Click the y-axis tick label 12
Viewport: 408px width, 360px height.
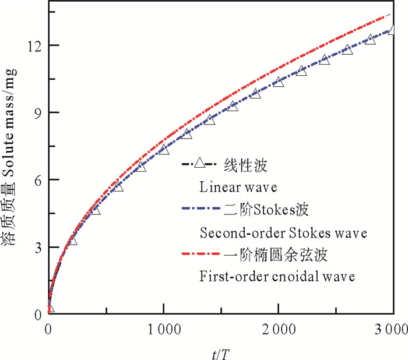point(33,45)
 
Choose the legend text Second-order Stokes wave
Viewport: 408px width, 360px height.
point(283,233)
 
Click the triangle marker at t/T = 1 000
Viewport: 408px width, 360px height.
point(164,149)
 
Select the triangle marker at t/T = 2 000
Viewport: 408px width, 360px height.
point(279,82)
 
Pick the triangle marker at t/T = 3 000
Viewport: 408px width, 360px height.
point(392,30)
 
